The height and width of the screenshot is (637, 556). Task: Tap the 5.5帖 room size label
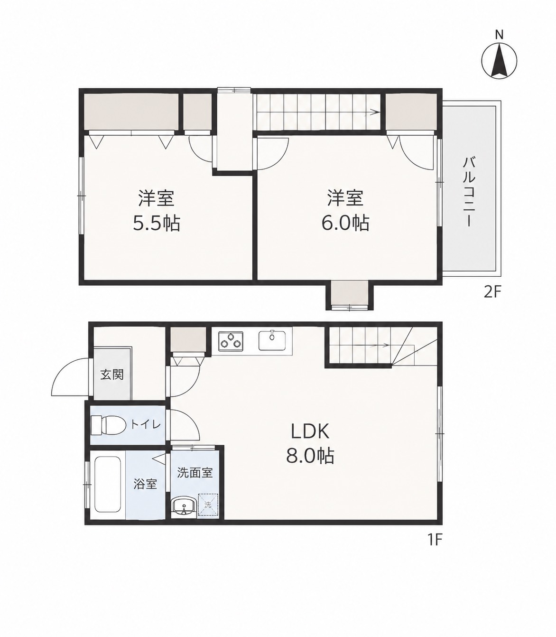pos(157,223)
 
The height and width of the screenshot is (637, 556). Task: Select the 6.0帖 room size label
pos(345,223)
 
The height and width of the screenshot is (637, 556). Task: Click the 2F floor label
pos(491,293)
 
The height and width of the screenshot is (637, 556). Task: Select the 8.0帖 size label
pos(310,456)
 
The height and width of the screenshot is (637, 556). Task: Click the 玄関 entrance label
pos(112,375)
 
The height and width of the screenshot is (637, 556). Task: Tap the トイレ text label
pos(146,425)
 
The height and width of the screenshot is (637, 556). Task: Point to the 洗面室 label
pos(195,472)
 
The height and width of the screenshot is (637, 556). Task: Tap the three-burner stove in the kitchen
pos(231,341)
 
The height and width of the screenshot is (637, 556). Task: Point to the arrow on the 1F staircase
pos(360,345)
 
